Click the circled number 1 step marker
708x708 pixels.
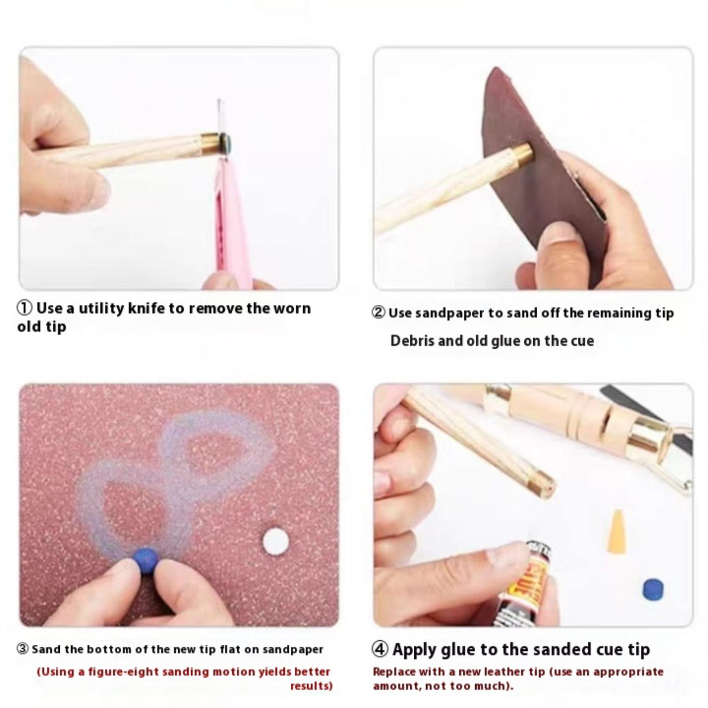tap(25, 308)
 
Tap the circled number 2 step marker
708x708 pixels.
tap(378, 313)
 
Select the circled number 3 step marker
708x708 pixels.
tap(23, 649)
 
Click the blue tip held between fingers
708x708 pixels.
tap(146, 559)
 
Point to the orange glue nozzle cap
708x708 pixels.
tap(617, 531)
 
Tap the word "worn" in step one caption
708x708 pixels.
tap(292, 308)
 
